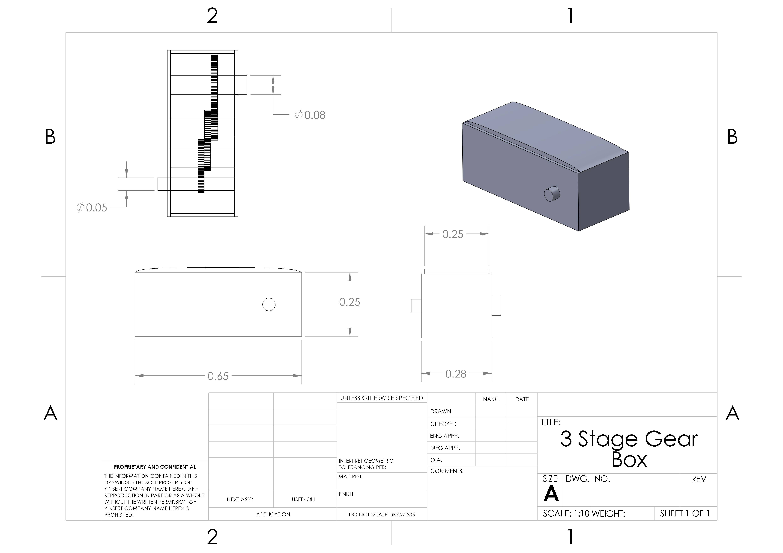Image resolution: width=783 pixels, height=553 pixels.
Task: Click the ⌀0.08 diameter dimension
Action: [x=310, y=115]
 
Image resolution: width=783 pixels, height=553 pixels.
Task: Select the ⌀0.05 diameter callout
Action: [x=92, y=208]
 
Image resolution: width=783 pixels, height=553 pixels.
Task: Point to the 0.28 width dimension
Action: [x=456, y=374]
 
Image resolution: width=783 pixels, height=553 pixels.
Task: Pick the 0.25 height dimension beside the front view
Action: [x=350, y=302]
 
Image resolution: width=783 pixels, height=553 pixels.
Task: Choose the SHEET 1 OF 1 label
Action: [x=685, y=513]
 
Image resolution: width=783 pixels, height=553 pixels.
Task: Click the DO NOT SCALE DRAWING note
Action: [x=382, y=515]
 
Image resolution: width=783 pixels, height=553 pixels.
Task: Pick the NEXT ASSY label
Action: [x=240, y=500]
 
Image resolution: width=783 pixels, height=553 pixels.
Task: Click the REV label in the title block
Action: [x=698, y=479]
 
